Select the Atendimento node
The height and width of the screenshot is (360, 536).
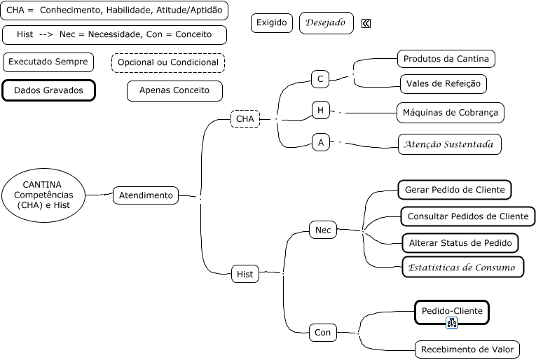146,195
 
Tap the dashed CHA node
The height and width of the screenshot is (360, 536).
245,119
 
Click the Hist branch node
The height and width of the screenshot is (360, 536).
245,275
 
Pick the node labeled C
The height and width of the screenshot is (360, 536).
320,79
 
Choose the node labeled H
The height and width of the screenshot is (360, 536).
320,111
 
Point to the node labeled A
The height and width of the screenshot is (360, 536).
321,143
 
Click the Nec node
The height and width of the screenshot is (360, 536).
323,230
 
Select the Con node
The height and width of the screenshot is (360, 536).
322,333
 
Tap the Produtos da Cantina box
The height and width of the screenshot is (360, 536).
446,58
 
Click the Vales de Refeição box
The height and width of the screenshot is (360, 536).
444,84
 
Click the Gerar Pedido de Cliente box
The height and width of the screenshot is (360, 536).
455,189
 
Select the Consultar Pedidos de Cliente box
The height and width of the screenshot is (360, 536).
468,216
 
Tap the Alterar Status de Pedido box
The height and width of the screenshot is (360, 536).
460,243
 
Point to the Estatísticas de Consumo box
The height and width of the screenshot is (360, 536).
462,268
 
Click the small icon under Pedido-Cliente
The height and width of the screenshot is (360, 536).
451,323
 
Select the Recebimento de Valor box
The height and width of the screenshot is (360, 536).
467,349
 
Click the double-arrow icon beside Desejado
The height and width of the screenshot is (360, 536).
366,24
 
